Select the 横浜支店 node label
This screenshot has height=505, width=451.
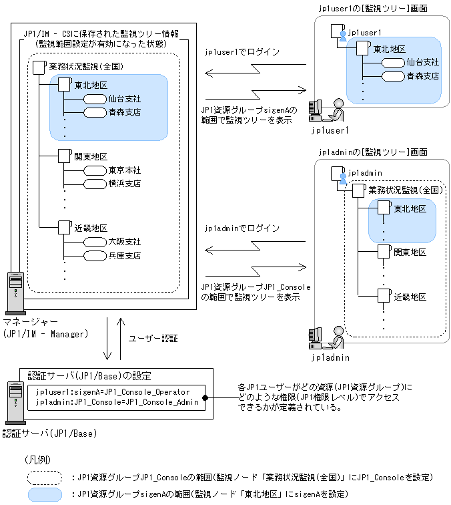click(x=124, y=183)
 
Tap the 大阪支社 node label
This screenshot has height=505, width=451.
click(x=124, y=242)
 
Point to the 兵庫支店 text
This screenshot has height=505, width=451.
click(x=124, y=255)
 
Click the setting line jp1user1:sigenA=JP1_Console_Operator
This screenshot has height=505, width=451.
click(x=113, y=391)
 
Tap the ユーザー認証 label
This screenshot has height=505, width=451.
click(x=153, y=339)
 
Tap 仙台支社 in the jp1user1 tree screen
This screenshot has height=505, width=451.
click(x=422, y=62)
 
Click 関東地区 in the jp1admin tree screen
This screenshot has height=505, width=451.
click(x=410, y=252)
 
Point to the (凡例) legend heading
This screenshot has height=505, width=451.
click(x=38, y=460)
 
